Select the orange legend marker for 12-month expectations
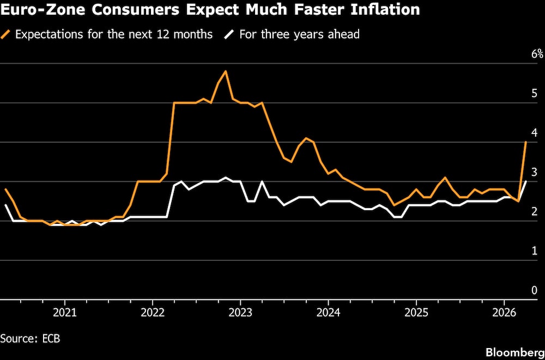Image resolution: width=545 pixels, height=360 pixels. point(7,34)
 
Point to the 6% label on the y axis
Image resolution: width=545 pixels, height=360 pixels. point(537,54)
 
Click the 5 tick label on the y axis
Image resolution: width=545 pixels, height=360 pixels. point(535,94)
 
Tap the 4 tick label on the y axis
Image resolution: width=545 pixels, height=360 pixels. point(535,133)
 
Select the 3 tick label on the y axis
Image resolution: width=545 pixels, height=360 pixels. point(535,172)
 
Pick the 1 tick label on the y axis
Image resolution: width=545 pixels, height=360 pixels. point(535,251)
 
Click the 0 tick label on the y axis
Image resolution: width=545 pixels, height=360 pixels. point(535,290)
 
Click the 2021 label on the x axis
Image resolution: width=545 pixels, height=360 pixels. point(65,313)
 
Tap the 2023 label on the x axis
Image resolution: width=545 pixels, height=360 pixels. point(240,313)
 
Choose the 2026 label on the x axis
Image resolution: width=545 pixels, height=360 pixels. point(504,313)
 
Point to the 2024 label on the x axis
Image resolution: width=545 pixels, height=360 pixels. point(328,313)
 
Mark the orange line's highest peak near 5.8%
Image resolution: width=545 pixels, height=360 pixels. point(226,71)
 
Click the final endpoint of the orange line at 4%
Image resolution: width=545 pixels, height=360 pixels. point(525,142)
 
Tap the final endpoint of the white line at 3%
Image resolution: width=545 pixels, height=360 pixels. point(525,181)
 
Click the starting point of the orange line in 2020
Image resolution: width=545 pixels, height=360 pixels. point(5,189)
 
